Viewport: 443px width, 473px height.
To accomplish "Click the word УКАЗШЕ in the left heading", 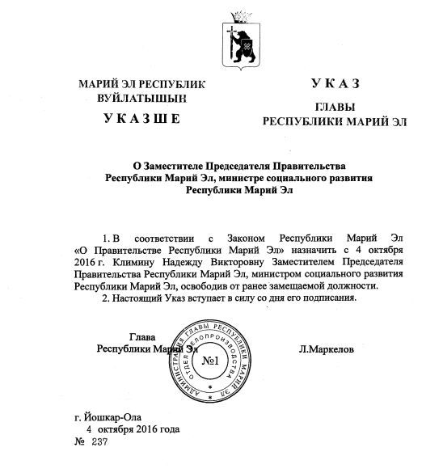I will tap(142, 119).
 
